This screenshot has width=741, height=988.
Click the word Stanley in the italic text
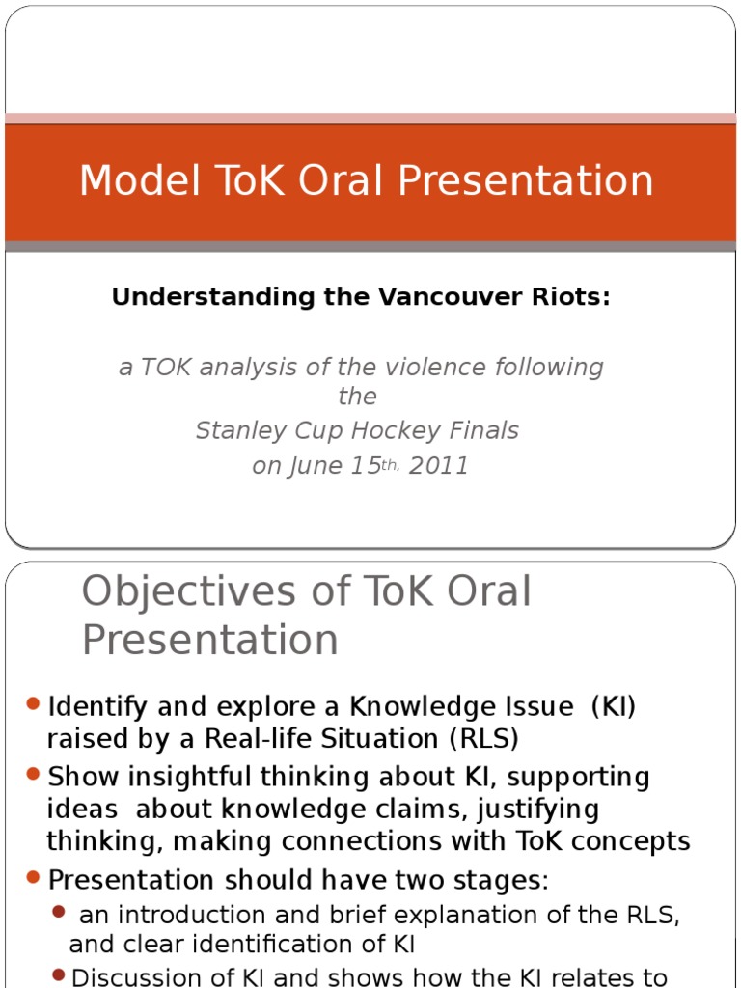(x=235, y=431)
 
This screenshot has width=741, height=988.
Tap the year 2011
(x=439, y=466)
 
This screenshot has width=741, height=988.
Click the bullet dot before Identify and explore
(x=34, y=704)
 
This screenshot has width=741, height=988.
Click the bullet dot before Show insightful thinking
(x=34, y=774)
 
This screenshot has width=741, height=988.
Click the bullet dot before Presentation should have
(x=34, y=878)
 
